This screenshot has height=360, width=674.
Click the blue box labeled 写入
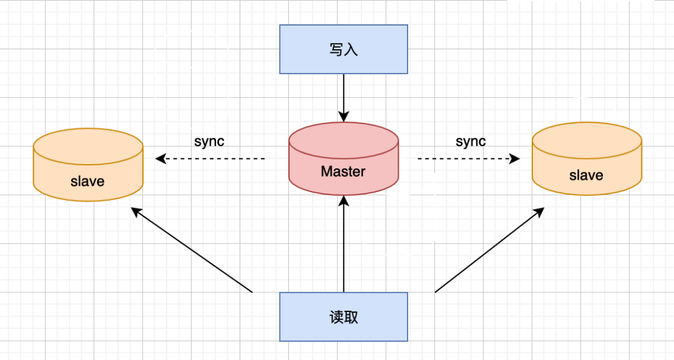tap(343, 49)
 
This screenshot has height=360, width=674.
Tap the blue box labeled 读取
tap(343, 317)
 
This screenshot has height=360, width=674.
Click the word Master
tap(343, 171)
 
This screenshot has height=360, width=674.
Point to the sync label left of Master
tap(209, 141)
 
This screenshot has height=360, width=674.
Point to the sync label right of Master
tap(471, 141)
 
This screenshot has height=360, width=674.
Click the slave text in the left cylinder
tap(88, 182)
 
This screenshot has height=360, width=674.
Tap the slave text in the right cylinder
tap(586, 175)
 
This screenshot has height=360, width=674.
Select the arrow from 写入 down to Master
tap(343, 97)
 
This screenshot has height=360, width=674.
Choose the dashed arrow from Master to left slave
tap(212, 159)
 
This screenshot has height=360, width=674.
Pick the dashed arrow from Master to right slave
tap(468, 159)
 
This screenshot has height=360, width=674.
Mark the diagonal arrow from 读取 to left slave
tap(192, 250)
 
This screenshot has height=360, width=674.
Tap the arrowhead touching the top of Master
tap(343, 117)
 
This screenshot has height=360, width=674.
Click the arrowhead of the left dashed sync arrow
tap(160, 159)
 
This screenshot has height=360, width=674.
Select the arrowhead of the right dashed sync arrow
tap(514, 159)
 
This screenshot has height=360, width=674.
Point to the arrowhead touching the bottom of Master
tap(343, 201)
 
